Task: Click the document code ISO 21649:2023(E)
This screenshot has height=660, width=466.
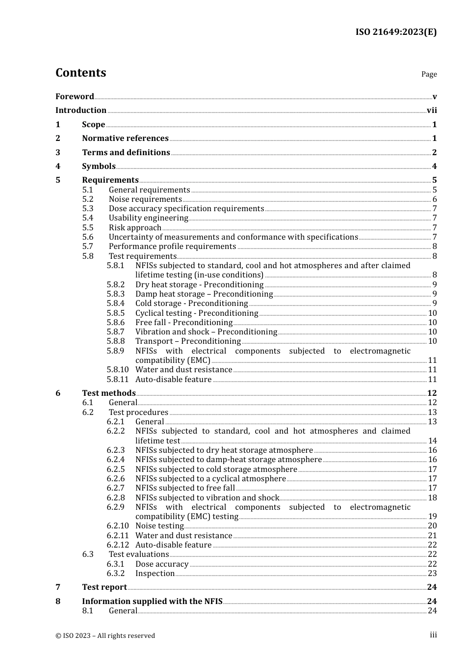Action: point(396,32)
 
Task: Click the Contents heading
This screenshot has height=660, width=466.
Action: point(80,73)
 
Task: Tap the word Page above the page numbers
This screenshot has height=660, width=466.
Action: point(429,74)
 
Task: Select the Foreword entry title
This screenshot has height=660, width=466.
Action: point(75,96)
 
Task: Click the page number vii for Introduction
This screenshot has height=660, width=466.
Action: point(432,110)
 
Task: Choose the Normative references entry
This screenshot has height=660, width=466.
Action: point(125,138)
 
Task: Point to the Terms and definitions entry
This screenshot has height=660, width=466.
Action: point(126,153)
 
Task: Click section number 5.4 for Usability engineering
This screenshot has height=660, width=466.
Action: point(88,218)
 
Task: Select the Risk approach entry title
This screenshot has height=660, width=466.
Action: point(135,228)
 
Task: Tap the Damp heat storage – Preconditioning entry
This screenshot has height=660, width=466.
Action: point(204,294)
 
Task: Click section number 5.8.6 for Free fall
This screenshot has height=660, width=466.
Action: point(116,323)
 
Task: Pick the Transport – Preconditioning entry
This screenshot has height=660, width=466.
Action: point(188,341)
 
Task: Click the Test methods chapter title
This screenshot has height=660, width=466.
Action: point(108,393)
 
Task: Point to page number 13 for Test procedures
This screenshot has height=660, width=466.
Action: point(432,412)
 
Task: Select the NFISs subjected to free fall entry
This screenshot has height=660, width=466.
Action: point(185,488)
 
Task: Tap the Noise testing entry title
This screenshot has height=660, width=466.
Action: point(159,526)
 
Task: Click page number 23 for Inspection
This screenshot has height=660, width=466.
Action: point(432,574)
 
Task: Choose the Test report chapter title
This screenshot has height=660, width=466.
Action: point(104,587)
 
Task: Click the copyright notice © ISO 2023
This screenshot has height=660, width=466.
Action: point(105,635)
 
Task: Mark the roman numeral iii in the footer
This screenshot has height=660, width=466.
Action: point(433,635)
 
